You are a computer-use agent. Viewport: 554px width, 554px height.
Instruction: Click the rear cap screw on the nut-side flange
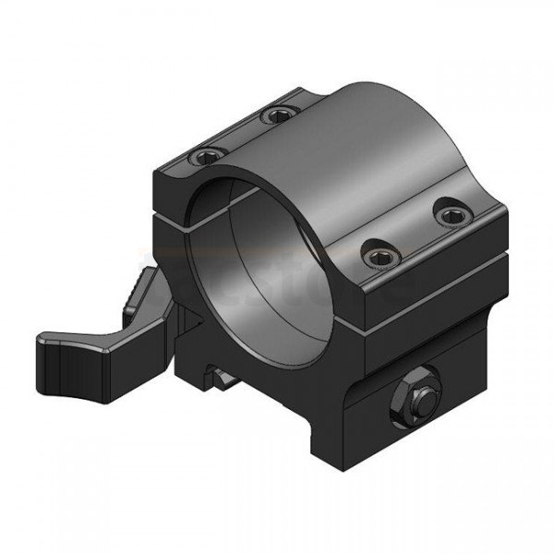click(x=451, y=214)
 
